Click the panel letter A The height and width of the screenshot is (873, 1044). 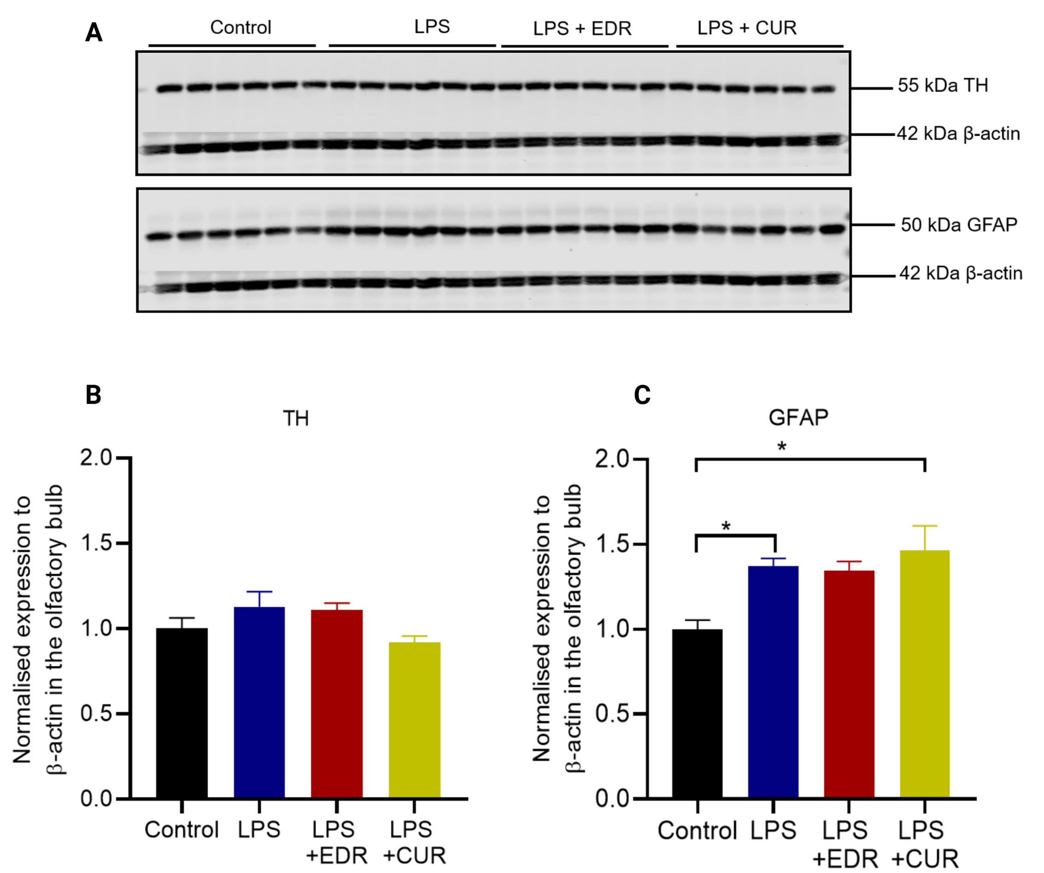(94, 33)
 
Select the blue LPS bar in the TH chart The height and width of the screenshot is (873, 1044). (259, 702)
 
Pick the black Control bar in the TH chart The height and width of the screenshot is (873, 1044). (182, 713)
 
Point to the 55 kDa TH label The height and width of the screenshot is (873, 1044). (943, 86)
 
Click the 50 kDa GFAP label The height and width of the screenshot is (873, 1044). (959, 225)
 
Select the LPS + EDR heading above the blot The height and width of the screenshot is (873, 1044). (582, 29)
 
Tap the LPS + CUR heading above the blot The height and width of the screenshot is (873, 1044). (747, 28)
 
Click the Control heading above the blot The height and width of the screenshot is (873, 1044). (241, 27)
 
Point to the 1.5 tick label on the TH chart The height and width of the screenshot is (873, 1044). (97, 543)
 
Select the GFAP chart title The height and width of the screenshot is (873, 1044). (798, 417)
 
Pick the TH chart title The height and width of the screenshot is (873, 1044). (296, 418)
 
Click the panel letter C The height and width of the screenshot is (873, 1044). (642, 395)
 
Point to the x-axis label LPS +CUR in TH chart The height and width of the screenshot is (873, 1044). (414, 842)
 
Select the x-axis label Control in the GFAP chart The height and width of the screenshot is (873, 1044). (697, 830)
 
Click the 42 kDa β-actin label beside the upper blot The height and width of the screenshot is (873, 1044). (958, 134)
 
